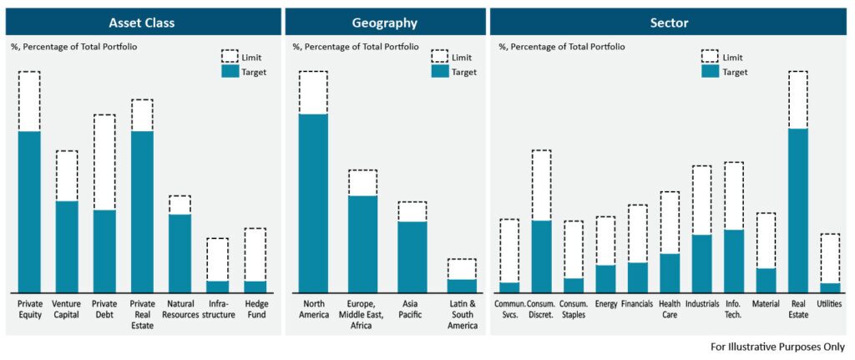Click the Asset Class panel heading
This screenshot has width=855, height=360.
[141, 23]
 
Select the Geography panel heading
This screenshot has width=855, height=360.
[385, 23]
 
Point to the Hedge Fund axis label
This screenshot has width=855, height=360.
[255, 309]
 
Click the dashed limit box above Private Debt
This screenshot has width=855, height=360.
[104, 162]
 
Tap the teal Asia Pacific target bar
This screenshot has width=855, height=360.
[412, 256]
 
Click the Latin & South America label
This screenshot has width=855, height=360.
[461, 314]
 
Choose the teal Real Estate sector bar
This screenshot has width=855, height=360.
[797, 209]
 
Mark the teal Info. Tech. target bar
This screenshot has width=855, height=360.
[734, 260]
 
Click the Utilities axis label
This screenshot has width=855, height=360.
[830, 304]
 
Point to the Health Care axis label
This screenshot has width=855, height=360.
[670, 309]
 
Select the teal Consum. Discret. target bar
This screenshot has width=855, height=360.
[541, 255]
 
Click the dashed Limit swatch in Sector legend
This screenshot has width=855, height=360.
[710, 56]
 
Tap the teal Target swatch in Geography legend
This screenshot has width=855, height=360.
[439, 72]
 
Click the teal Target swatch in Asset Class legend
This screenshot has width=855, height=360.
[229, 72]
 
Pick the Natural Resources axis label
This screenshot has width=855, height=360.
[180, 309]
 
